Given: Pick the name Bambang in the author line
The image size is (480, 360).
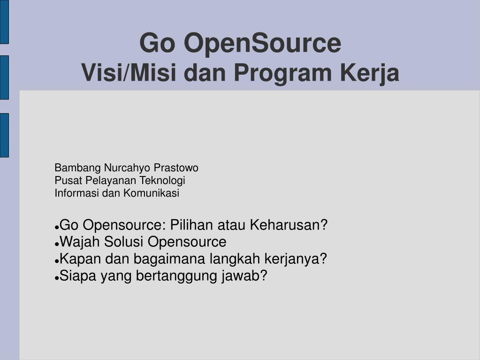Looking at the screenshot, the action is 78,168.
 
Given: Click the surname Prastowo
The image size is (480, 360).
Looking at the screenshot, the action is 176,168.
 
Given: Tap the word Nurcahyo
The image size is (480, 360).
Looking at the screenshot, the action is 127,168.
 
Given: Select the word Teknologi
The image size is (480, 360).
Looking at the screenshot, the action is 162,181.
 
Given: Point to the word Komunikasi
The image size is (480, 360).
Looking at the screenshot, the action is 151,193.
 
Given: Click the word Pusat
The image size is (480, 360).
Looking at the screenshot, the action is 68,181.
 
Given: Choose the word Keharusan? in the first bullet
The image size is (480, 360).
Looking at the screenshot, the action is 289,225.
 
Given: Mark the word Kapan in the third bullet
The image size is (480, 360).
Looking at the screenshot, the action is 80,259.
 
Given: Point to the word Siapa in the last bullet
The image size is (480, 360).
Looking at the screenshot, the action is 78,276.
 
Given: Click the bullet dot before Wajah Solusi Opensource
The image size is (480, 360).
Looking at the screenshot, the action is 57,244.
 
